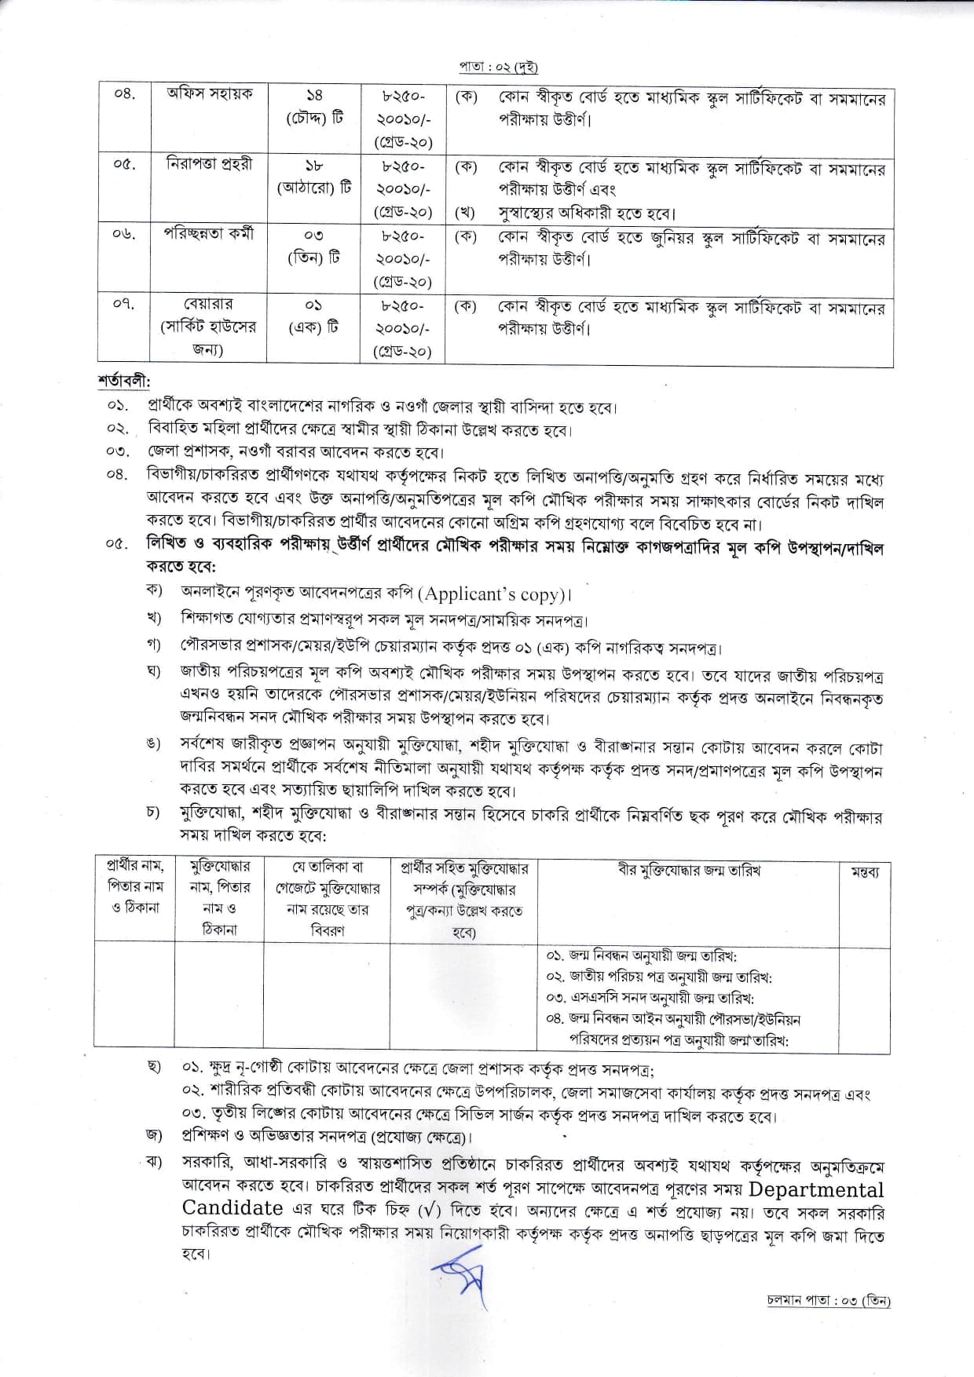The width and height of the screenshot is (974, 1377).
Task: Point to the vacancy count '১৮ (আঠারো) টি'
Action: click(x=314, y=177)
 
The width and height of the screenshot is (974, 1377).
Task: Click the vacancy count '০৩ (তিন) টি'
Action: click(x=314, y=246)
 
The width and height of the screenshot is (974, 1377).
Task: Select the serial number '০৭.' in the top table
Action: click(x=123, y=303)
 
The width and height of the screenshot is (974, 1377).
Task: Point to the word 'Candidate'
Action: click(x=233, y=1208)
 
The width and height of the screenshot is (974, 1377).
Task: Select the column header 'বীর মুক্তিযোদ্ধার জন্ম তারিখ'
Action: click(x=689, y=870)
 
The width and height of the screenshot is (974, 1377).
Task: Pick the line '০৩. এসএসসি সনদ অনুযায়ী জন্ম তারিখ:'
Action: click(x=650, y=998)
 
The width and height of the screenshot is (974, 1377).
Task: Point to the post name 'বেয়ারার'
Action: click(x=209, y=304)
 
